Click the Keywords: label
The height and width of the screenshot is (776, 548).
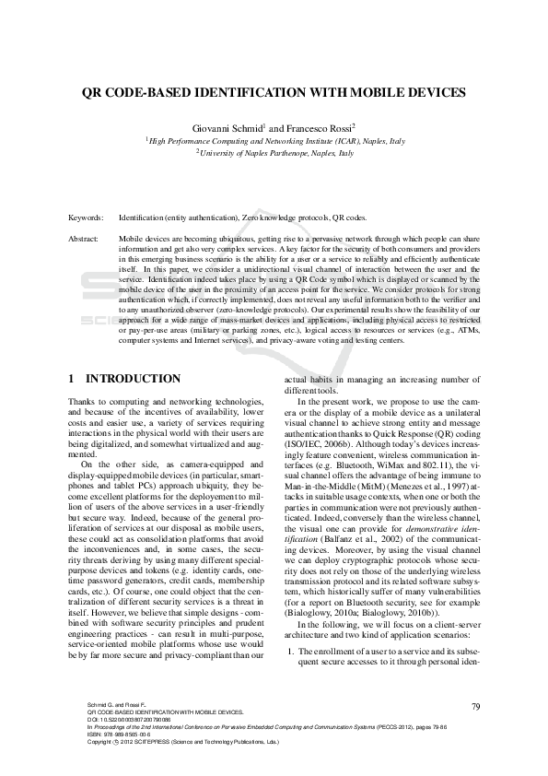[x=87, y=218]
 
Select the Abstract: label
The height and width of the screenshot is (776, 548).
[x=85, y=238]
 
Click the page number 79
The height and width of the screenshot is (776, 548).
[x=476, y=706]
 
